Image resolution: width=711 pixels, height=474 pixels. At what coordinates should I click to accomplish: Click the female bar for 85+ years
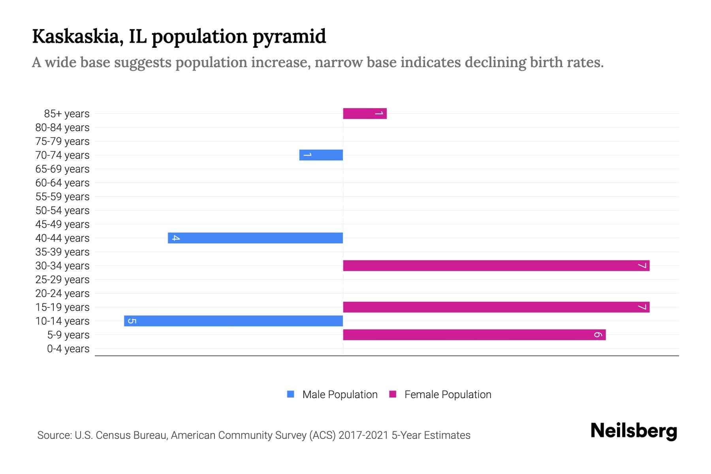[365, 114]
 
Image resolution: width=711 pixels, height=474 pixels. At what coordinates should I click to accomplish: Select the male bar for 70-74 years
[321, 155]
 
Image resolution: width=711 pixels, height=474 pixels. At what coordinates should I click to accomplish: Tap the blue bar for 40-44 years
[255, 238]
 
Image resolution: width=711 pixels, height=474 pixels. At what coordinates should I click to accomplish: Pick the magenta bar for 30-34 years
[496, 266]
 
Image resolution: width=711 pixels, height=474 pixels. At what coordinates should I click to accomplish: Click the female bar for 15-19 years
[496, 307]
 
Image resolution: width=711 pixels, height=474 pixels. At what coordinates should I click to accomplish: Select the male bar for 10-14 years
[233, 321]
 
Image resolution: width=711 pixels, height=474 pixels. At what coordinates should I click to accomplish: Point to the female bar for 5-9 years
[474, 335]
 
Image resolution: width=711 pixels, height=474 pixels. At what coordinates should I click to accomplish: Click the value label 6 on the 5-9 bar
[598, 335]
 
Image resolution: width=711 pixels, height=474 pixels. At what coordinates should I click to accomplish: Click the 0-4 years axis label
[68, 349]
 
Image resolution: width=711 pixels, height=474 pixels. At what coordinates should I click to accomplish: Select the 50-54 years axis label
[62, 211]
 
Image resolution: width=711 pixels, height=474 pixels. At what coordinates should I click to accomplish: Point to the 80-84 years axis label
[62, 128]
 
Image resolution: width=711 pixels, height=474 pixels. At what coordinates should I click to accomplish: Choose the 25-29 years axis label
[62, 280]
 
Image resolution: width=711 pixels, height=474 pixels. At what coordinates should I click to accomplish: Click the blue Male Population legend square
[291, 394]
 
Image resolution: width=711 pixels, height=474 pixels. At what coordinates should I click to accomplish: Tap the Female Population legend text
[448, 395]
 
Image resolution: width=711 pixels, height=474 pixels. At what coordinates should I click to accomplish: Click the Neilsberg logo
[634, 431]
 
